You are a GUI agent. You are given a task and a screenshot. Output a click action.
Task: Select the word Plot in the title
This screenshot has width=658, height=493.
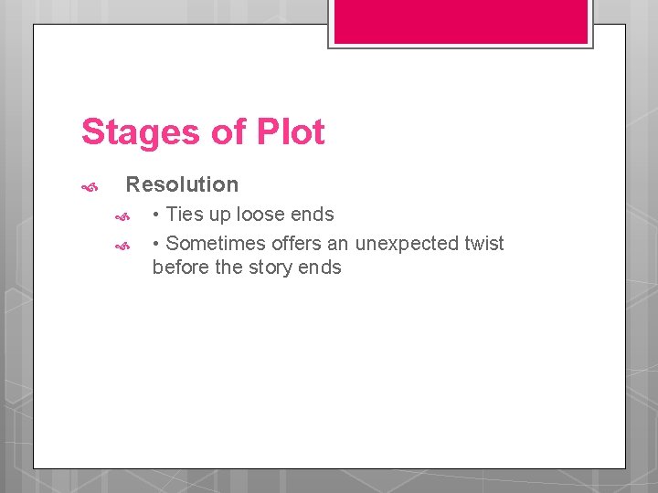(291, 132)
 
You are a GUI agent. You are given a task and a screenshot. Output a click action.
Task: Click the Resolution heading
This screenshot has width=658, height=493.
(182, 184)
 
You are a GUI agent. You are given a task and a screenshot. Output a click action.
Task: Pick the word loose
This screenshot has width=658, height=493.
(262, 215)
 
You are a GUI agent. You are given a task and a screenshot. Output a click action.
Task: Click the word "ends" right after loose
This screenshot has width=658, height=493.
(313, 215)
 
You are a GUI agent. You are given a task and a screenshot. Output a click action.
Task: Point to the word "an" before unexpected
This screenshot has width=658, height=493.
(338, 244)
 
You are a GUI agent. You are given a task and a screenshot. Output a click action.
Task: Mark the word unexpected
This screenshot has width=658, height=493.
(407, 245)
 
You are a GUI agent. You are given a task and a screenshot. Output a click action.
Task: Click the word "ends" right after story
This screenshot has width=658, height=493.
(320, 267)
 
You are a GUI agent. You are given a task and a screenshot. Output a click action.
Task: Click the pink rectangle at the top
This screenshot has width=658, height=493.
(461, 21)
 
